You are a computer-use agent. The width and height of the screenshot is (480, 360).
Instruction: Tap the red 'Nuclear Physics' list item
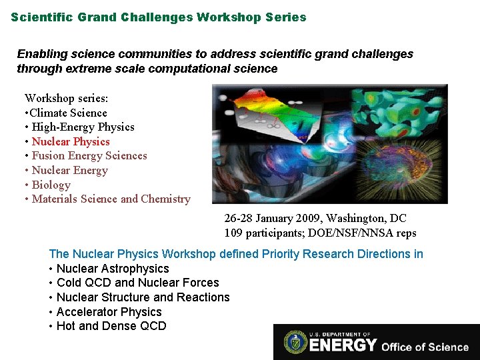coord(71,141)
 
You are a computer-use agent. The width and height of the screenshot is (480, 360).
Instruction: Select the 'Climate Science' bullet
coord(69,113)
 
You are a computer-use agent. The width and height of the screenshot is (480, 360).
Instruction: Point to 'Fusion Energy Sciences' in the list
coord(89,156)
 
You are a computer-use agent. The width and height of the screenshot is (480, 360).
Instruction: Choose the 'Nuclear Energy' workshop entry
coord(69,171)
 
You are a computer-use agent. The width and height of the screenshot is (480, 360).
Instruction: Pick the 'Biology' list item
coord(51,185)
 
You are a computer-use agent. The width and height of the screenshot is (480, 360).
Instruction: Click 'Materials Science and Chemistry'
coord(111,199)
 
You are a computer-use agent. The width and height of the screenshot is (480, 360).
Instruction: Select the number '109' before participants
coord(233,233)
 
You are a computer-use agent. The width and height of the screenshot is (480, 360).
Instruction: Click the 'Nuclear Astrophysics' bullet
coord(113,269)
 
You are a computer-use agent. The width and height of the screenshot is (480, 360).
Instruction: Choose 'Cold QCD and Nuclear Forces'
coord(137,283)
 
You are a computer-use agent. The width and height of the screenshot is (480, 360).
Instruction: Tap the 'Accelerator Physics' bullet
coord(109,312)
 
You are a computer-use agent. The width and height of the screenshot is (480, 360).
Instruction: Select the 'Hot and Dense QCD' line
coord(111,326)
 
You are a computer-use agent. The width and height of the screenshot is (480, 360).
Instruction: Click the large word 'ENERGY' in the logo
coord(343,345)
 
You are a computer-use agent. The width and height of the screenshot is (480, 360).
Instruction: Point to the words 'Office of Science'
coord(425,346)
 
